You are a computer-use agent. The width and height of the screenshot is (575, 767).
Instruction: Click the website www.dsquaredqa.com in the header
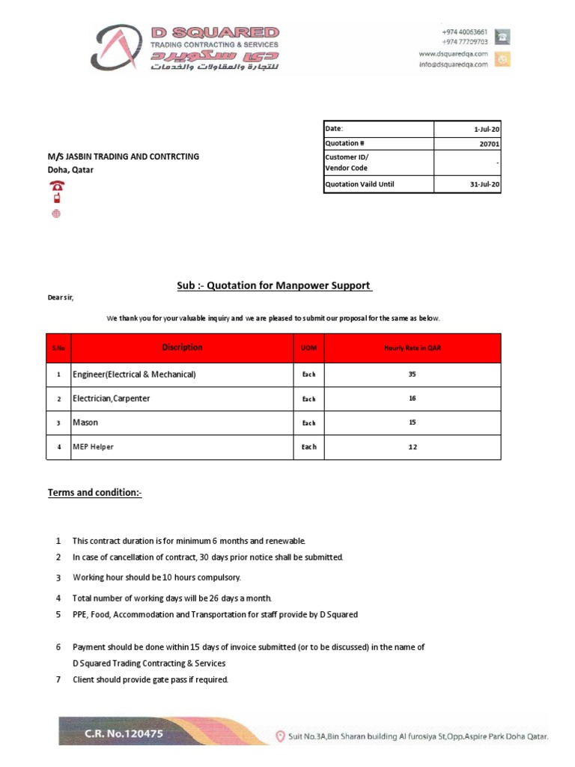click(x=453, y=54)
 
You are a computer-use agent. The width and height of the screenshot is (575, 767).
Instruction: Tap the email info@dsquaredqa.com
click(x=453, y=64)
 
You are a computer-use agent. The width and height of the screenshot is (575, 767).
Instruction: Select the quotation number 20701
click(x=490, y=144)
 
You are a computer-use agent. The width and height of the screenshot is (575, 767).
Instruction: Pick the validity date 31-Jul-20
click(x=484, y=184)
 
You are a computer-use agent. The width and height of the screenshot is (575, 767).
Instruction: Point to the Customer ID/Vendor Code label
click(x=347, y=163)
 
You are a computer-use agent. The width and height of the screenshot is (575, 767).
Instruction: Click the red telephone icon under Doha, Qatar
click(x=56, y=186)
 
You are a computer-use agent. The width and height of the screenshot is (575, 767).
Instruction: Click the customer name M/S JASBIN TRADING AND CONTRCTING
click(x=124, y=157)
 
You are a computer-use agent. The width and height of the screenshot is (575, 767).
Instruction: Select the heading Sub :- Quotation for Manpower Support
click(x=274, y=285)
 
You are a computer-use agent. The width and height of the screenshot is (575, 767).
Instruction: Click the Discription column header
click(x=182, y=348)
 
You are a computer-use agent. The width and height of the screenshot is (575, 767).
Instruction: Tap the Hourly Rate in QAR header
click(x=412, y=348)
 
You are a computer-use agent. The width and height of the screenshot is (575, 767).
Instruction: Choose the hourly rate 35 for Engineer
click(x=412, y=375)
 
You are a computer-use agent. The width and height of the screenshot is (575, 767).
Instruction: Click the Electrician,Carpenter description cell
click(x=112, y=398)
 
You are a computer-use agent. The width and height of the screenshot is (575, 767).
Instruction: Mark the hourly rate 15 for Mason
click(x=412, y=422)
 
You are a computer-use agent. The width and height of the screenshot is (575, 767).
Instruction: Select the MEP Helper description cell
click(x=94, y=446)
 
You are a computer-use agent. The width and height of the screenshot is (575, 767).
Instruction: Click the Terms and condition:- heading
click(x=95, y=492)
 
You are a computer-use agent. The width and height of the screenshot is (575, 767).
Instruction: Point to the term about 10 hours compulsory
click(x=156, y=577)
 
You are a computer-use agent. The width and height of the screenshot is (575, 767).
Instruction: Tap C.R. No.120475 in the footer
click(x=124, y=735)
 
